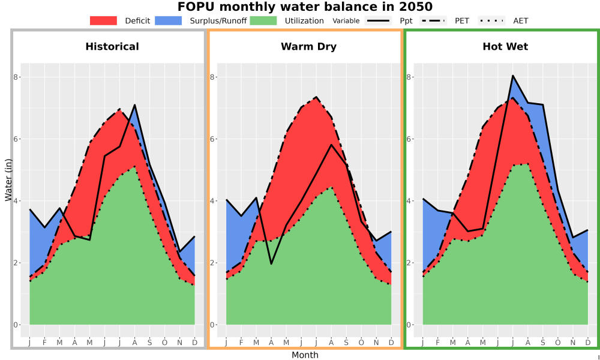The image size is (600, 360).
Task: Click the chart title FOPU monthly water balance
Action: tap(305, 7)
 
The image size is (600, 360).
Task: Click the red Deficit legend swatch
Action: tap(103, 20)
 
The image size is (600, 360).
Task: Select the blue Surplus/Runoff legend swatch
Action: tap(169, 20)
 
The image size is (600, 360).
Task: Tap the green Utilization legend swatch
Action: tap(263, 20)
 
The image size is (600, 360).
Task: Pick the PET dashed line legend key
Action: tap(433, 20)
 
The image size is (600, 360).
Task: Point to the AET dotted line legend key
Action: tap(491, 20)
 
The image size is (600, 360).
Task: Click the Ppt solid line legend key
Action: tap(378, 20)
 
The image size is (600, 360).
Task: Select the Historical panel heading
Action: tap(112, 47)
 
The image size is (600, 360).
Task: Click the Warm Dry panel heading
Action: tap(309, 47)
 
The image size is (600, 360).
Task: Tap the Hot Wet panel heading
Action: tap(505, 47)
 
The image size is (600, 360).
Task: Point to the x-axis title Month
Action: tap(305, 355)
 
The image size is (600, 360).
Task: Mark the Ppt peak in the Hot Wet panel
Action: tap(513, 76)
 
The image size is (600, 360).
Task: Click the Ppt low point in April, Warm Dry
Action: tap(271, 264)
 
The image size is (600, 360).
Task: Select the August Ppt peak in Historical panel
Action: tap(134, 105)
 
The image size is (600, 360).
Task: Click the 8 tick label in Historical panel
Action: tap(16, 77)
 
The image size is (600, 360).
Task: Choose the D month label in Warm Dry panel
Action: tap(391, 343)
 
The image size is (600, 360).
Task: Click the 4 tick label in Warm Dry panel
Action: tap(212, 201)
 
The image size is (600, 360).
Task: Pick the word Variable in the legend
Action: tap(346, 21)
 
